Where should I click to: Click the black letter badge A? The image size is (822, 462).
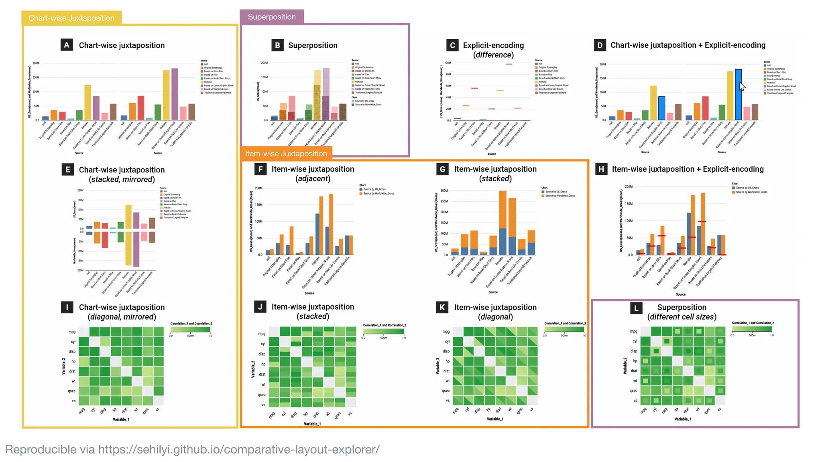[67, 45]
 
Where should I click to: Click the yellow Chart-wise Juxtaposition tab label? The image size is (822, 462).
[71, 18]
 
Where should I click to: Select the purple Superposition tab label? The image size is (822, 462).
[272, 17]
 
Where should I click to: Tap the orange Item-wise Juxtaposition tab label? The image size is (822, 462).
[286, 154]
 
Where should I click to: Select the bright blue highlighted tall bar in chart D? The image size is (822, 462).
[738, 95]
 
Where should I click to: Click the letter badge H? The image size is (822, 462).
[601, 169]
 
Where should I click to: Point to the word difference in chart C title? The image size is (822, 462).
[493, 55]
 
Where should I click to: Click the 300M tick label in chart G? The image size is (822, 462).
[444, 191]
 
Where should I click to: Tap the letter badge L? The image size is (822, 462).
[636, 308]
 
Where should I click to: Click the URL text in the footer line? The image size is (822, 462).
[238, 450]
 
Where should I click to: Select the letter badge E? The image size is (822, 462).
[67, 170]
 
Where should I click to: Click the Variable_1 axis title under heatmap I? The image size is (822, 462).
[121, 419]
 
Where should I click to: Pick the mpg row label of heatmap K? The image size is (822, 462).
[446, 332]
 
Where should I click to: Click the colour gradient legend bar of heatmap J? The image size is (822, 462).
[383, 332]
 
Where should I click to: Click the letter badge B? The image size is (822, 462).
[277, 45]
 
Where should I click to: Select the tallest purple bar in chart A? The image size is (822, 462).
[175, 94]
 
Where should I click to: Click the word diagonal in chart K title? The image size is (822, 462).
[495, 317]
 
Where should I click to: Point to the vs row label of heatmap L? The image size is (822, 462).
[635, 400]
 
